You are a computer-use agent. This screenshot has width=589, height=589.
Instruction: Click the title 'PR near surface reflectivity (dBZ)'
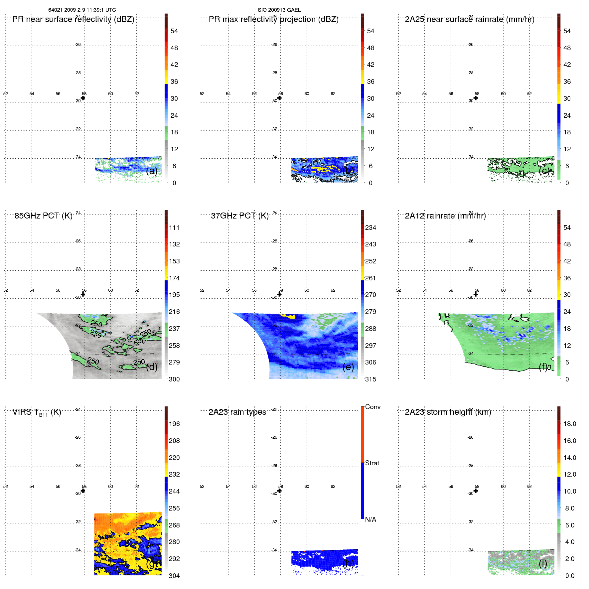(73, 19)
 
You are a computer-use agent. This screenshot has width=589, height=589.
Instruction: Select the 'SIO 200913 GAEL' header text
(279, 10)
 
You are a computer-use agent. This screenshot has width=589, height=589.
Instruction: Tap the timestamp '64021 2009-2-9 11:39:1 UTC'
(82, 10)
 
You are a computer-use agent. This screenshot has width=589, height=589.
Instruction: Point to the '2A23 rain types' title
(237, 412)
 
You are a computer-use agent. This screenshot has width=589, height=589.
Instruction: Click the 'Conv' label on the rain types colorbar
(372, 407)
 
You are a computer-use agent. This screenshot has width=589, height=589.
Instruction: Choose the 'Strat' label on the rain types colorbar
(372, 463)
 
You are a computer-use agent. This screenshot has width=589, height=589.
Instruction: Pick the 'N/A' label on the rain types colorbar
(370, 519)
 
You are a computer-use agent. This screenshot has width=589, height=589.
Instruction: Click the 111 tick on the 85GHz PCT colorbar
(174, 227)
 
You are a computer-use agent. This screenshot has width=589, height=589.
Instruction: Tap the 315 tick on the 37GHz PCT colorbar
(370, 379)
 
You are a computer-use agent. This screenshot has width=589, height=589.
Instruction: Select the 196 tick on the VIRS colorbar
(174, 424)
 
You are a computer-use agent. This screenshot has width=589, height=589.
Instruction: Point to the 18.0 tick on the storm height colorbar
(570, 424)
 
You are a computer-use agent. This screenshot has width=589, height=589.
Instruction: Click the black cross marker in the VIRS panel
(83, 491)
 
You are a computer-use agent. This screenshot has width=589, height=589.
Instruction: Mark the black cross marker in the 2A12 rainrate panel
(476, 294)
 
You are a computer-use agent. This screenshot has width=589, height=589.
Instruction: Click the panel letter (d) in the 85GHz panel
(152, 367)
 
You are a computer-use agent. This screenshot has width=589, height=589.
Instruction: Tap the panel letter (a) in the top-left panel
(152, 171)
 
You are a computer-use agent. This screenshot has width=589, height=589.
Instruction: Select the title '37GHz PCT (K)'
(239, 216)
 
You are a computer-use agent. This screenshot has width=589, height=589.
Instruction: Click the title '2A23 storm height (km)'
(448, 412)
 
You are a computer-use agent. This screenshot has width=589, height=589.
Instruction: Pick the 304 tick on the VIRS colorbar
(174, 576)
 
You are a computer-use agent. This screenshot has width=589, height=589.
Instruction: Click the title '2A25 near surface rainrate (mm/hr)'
(469, 19)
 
